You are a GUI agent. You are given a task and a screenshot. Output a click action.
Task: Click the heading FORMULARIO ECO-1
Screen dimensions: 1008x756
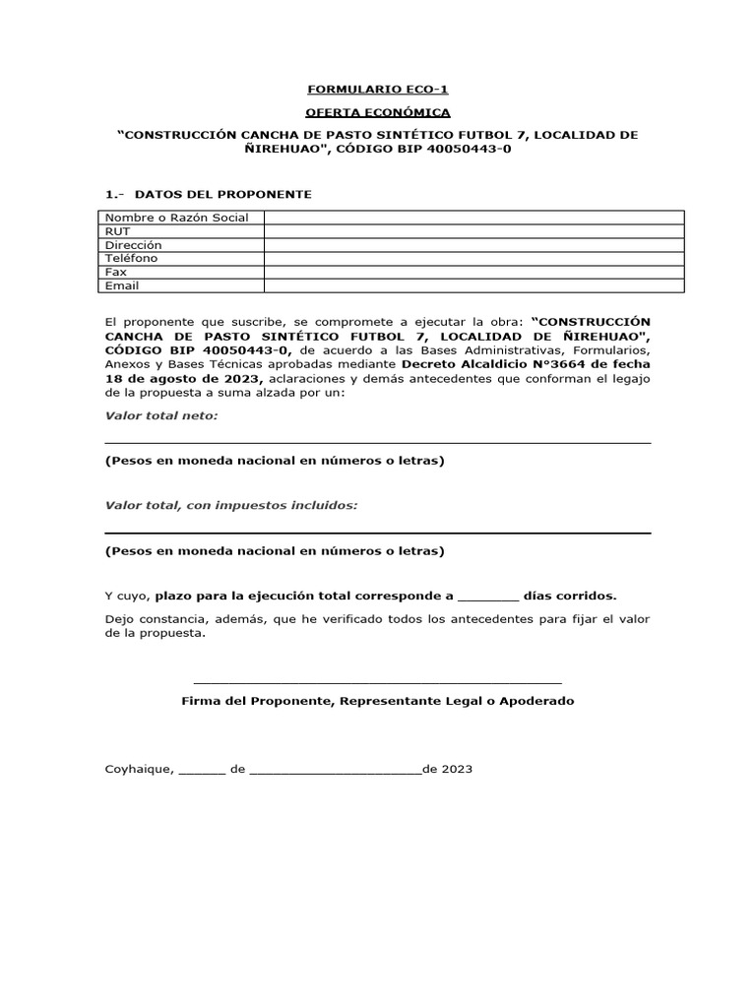[378, 89]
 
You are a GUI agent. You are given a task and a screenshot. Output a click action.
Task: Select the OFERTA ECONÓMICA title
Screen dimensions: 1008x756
[378, 112]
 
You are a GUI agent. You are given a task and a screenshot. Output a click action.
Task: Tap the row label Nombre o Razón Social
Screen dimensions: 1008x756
[177, 218]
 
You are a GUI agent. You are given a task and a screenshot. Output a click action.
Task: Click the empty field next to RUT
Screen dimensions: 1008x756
[472, 231]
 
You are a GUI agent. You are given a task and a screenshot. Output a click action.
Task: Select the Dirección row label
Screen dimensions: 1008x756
[134, 245]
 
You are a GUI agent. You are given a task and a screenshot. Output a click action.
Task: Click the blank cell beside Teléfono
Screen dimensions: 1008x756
[472, 258]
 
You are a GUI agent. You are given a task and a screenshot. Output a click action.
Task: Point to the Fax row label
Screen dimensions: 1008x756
[116, 272]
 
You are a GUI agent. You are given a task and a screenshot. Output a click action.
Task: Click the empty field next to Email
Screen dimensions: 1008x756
[472, 285]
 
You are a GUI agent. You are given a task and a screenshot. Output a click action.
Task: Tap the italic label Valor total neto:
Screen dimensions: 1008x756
[161, 415]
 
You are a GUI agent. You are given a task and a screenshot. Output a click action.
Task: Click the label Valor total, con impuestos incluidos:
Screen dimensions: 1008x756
[231, 505]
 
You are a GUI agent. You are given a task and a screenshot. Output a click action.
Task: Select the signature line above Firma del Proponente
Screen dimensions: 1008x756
[378, 681]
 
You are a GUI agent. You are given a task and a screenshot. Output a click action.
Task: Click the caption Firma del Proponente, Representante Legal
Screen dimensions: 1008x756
[378, 702]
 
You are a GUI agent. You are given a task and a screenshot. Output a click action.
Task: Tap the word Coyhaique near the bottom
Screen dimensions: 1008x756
[139, 770]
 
